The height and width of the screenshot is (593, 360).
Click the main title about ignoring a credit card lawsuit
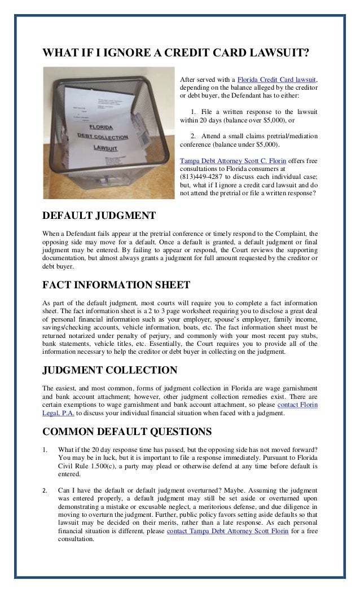click(176, 54)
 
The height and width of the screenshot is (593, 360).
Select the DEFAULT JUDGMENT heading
click(99, 216)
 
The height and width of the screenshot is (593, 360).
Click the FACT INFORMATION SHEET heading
click(116, 284)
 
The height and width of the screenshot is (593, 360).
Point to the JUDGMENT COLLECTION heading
click(110, 370)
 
